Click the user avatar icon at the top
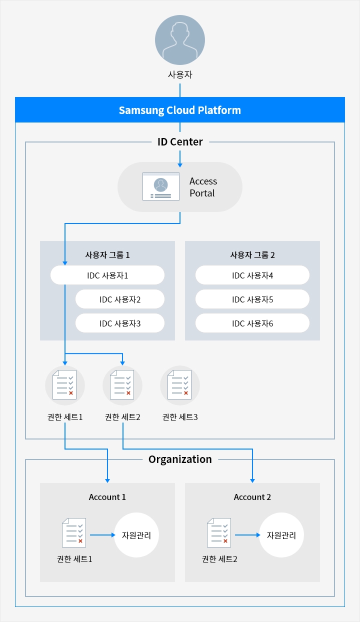(180, 40)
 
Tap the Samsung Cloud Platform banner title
(180, 110)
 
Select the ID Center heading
(180, 142)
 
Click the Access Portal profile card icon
(161, 186)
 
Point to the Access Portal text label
(203, 187)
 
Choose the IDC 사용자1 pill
(107, 275)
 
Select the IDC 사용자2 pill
(120, 299)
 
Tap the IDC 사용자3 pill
(120, 323)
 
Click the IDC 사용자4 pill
(252, 275)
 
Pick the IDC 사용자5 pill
(252, 299)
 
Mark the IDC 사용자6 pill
(252, 323)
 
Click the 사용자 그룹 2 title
(252, 255)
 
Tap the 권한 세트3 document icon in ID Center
(179, 385)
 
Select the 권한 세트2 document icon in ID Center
(122, 385)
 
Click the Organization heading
(180, 459)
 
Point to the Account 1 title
(107, 497)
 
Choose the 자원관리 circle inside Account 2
(281, 535)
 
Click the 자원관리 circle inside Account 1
(136, 535)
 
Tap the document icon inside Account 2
(219, 532)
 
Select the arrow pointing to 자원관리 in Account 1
(102, 535)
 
